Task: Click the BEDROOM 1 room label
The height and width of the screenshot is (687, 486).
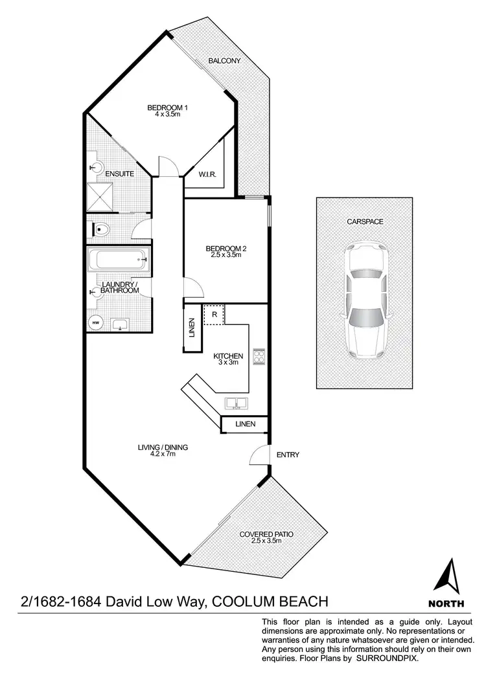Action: click(167, 107)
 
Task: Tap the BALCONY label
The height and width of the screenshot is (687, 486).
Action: click(224, 61)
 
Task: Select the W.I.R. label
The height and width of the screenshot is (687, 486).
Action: click(207, 174)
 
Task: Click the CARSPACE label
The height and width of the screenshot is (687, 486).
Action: click(365, 221)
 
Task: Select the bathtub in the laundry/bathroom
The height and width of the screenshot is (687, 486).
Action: click(119, 262)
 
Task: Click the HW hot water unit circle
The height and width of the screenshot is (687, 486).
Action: click(95, 322)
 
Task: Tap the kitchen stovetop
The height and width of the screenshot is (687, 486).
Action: click(258, 357)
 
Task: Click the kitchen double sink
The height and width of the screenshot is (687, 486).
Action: click(236, 403)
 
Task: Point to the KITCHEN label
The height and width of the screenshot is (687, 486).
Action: click(228, 356)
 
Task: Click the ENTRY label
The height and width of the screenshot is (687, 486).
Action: click(288, 455)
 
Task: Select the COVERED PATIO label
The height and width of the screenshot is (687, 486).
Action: click(266, 534)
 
